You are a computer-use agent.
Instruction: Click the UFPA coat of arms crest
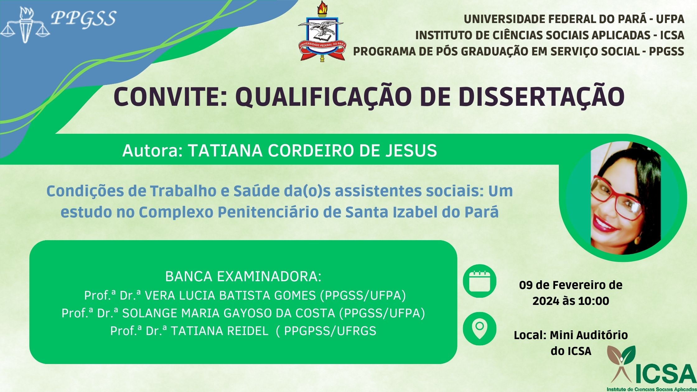pos(321,31)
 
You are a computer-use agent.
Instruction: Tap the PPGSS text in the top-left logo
pos(83,18)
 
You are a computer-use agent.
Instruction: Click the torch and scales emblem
pos(25,25)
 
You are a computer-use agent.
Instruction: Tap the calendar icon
pos(479,281)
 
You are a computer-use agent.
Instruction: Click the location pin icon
pos(479,329)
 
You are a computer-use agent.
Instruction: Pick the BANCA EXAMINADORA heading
pos(243,277)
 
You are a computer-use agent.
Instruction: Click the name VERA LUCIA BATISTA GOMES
pos(231,295)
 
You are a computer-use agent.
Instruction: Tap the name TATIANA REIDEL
pos(219,331)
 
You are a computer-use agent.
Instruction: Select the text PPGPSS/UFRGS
pos(330,331)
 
